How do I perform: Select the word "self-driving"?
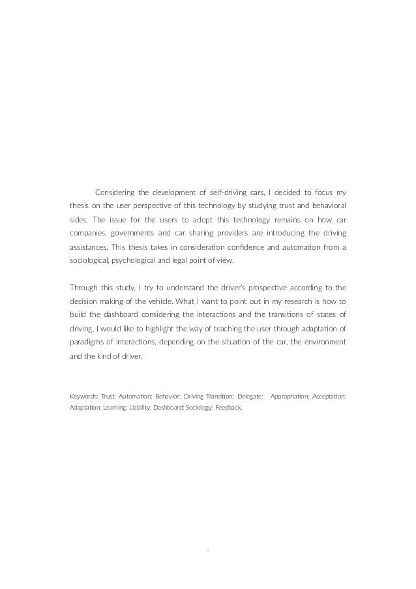point(222,192)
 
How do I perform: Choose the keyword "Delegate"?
point(248,396)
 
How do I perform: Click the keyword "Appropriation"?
point(291,396)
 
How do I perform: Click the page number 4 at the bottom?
point(207,549)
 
